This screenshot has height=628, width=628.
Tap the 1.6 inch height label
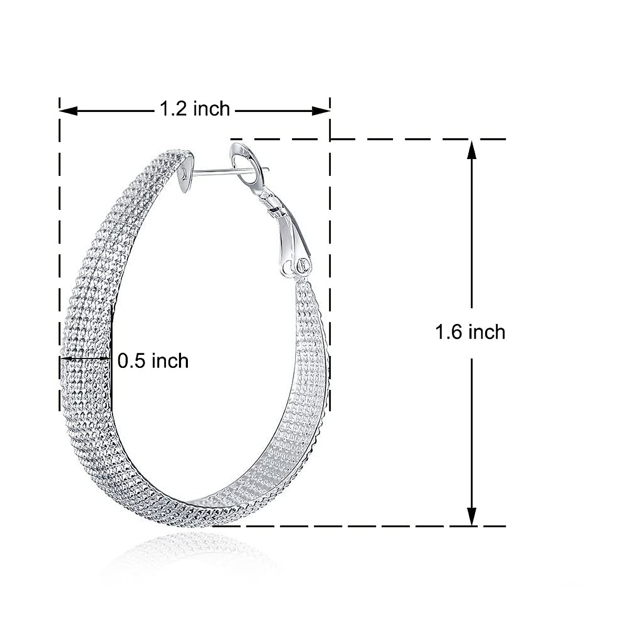point(470,332)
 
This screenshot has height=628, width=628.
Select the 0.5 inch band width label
point(153,360)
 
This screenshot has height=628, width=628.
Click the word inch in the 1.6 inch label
point(487,332)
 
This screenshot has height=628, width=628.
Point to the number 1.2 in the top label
point(173,109)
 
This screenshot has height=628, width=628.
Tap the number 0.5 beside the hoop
point(131,360)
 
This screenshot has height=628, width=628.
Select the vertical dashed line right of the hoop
point(330,262)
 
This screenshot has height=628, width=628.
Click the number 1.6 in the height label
point(450,332)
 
